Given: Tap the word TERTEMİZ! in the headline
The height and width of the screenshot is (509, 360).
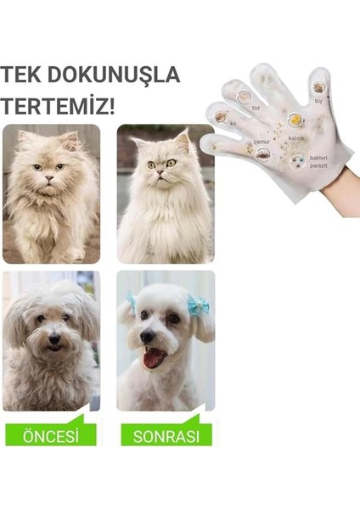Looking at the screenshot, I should (59, 108).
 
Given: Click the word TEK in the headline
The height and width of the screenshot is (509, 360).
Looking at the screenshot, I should (22, 75).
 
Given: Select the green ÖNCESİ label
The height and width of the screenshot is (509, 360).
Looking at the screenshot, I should (50, 436).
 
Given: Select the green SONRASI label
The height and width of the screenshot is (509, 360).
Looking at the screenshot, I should (166, 436).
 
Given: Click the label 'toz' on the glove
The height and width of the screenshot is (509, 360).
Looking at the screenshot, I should (256, 109).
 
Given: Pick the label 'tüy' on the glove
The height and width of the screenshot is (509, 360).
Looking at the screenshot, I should (318, 101).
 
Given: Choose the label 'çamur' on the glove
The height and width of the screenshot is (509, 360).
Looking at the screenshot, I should (262, 141).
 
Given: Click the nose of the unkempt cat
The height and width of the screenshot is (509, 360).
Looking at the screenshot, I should (48, 176).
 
